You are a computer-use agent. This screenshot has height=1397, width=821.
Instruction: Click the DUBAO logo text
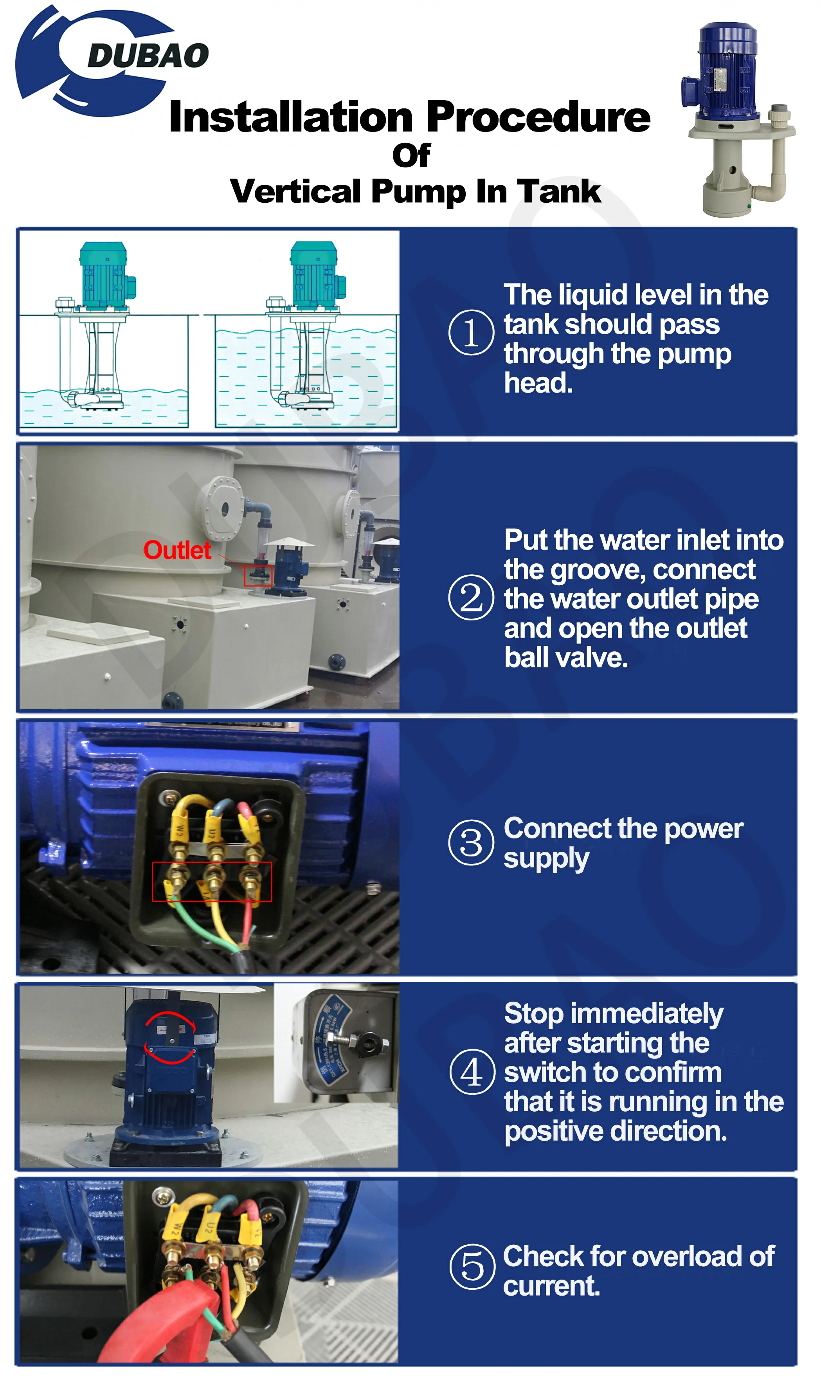click(148, 56)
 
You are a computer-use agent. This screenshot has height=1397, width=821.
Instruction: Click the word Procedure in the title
click(539, 118)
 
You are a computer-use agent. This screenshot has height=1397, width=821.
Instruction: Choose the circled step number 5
click(473, 1268)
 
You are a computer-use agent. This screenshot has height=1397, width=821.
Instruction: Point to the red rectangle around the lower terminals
click(212, 882)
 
